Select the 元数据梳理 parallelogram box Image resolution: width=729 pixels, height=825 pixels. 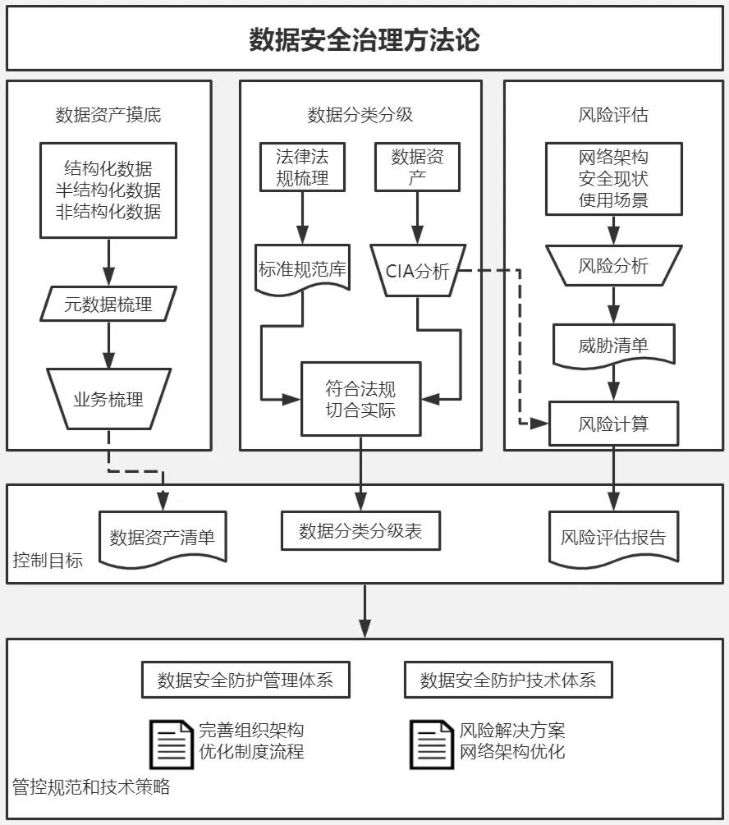[x=108, y=305]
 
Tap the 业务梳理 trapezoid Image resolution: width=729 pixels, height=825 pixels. [x=108, y=399]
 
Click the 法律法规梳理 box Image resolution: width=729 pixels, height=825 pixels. [x=302, y=167]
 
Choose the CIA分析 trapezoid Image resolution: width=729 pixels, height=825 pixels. [x=419, y=271]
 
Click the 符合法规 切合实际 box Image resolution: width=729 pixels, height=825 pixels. [x=360, y=398]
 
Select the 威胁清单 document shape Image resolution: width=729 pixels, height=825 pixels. [x=613, y=345]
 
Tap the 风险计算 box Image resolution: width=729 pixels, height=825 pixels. [x=613, y=424]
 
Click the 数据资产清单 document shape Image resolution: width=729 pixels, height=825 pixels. [x=163, y=538]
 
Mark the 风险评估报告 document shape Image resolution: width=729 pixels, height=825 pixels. [x=613, y=539]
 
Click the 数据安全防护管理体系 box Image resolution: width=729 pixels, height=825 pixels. [x=245, y=681]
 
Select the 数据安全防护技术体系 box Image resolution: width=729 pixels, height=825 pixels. [x=508, y=681]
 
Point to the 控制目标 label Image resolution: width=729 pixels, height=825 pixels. [x=48, y=562]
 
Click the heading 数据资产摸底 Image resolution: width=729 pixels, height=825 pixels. [x=108, y=115]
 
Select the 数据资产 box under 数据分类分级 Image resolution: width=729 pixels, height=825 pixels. [x=418, y=167]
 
